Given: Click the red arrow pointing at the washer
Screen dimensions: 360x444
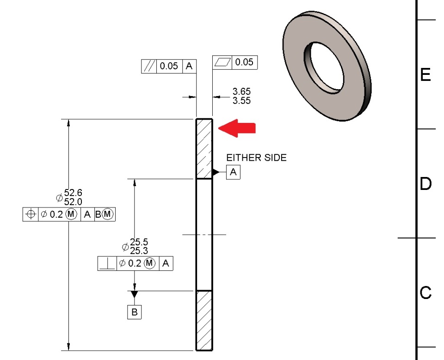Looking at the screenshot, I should [x=237, y=128].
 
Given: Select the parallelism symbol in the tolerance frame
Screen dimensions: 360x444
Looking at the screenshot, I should [x=149, y=66].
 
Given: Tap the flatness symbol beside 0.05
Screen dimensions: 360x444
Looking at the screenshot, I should [x=222, y=62].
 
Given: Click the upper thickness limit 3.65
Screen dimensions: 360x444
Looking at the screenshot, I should [x=241, y=92].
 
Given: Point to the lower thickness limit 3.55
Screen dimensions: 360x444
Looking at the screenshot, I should [x=241, y=100].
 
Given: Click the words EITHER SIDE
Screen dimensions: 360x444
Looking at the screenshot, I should [x=256, y=158].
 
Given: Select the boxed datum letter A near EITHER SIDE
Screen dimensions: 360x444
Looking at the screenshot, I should [x=233, y=172].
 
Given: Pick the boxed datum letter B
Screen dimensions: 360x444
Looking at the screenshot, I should [x=134, y=312].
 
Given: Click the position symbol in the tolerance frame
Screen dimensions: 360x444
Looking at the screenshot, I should [x=31, y=214].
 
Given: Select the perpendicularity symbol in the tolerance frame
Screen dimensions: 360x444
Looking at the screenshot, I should [x=108, y=264].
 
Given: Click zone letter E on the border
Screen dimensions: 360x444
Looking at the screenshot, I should [x=425, y=74].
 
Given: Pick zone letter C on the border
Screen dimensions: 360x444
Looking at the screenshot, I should [x=425, y=293].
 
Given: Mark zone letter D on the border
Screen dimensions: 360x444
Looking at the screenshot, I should [x=425, y=184].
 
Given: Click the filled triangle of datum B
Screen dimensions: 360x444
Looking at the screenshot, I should [x=134, y=294].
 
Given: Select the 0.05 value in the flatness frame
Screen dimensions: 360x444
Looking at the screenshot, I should [x=244, y=62].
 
